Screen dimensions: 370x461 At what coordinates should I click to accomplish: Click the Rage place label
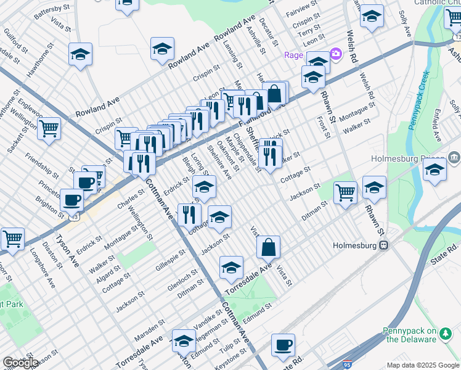click(293, 55)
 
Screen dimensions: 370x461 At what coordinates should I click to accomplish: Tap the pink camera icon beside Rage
click(335, 54)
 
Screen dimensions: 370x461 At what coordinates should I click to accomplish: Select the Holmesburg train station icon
click(383, 245)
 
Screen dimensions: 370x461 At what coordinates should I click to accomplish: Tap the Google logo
click(21, 363)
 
